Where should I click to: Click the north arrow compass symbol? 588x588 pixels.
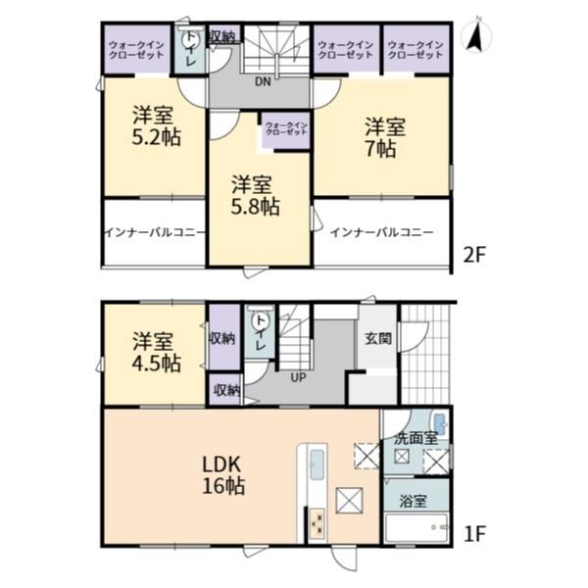point(478,34)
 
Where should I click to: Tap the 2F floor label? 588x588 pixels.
point(474,256)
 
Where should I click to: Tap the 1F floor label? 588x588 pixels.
point(474,533)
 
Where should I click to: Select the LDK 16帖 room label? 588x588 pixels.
point(223,476)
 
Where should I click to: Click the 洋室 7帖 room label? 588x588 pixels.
point(385,138)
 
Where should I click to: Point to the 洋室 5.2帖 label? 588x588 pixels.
point(156,126)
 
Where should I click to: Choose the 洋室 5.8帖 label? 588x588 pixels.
point(255,195)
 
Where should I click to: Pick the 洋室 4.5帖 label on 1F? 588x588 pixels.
point(156,352)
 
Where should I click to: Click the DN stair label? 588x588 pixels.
point(263,82)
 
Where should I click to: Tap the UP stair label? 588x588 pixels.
point(299,377)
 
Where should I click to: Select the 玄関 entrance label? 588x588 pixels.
point(378,339)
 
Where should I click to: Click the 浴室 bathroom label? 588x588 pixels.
point(414,501)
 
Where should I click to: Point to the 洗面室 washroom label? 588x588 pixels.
point(416,438)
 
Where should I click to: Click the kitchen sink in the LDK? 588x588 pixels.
point(318,465)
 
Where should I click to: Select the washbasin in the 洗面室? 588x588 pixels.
point(440,424)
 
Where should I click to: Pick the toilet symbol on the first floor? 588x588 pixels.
point(259,319)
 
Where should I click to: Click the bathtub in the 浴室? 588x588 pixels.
point(417,527)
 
